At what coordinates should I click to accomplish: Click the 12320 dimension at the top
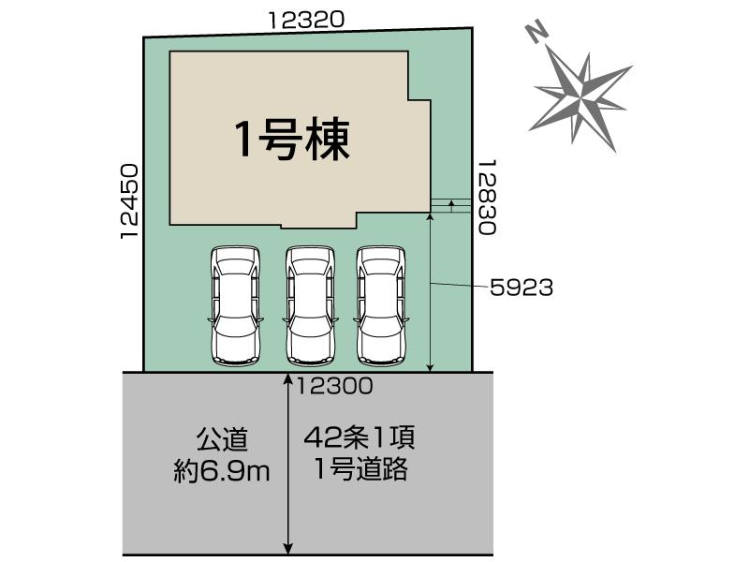click(306, 20)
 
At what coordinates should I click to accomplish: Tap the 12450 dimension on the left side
click(129, 201)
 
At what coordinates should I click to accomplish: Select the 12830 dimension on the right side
click(487, 197)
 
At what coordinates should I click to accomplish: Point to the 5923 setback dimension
click(521, 288)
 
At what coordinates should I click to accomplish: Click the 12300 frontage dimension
click(334, 386)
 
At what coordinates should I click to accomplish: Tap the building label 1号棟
click(293, 139)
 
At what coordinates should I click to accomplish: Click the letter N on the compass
click(536, 33)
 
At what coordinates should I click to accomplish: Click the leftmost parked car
click(236, 306)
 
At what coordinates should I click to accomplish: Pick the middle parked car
click(311, 306)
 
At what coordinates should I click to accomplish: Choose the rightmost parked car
click(382, 306)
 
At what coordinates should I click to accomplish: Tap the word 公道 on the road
click(222, 439)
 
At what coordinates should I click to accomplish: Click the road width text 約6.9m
click(222, 472)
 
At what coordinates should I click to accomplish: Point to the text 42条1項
click(360, 437)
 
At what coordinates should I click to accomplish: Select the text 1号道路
click(361, 469)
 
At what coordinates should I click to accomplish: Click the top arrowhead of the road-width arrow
click(288, 377)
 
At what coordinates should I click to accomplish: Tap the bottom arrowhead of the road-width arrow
click(288, 548)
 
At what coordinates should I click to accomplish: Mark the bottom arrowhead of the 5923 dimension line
click(431, 367)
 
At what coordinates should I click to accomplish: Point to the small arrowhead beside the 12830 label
click(450, 204)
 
